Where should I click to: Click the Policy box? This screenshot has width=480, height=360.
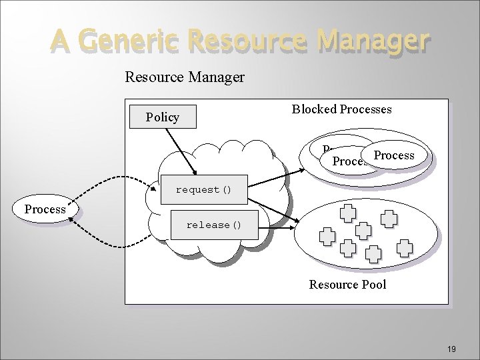(163, 117)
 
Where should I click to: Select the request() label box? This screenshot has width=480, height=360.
(203, 190)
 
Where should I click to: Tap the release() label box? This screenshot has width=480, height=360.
(213, 225)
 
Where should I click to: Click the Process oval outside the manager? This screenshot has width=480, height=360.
(45, 209)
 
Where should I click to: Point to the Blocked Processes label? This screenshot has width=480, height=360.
(341, 109)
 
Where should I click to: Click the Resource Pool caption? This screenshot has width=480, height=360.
(347, 285)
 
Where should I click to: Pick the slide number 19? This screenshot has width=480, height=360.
(451, 349)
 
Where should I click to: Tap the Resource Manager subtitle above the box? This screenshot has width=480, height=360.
(185, 77)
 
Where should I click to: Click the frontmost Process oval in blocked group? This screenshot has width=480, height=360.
(394, 155)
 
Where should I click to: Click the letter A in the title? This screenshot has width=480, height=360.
(59, 41)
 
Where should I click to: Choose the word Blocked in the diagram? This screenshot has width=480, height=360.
(314, 109)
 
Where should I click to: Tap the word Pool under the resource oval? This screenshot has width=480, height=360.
(373, 285)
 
